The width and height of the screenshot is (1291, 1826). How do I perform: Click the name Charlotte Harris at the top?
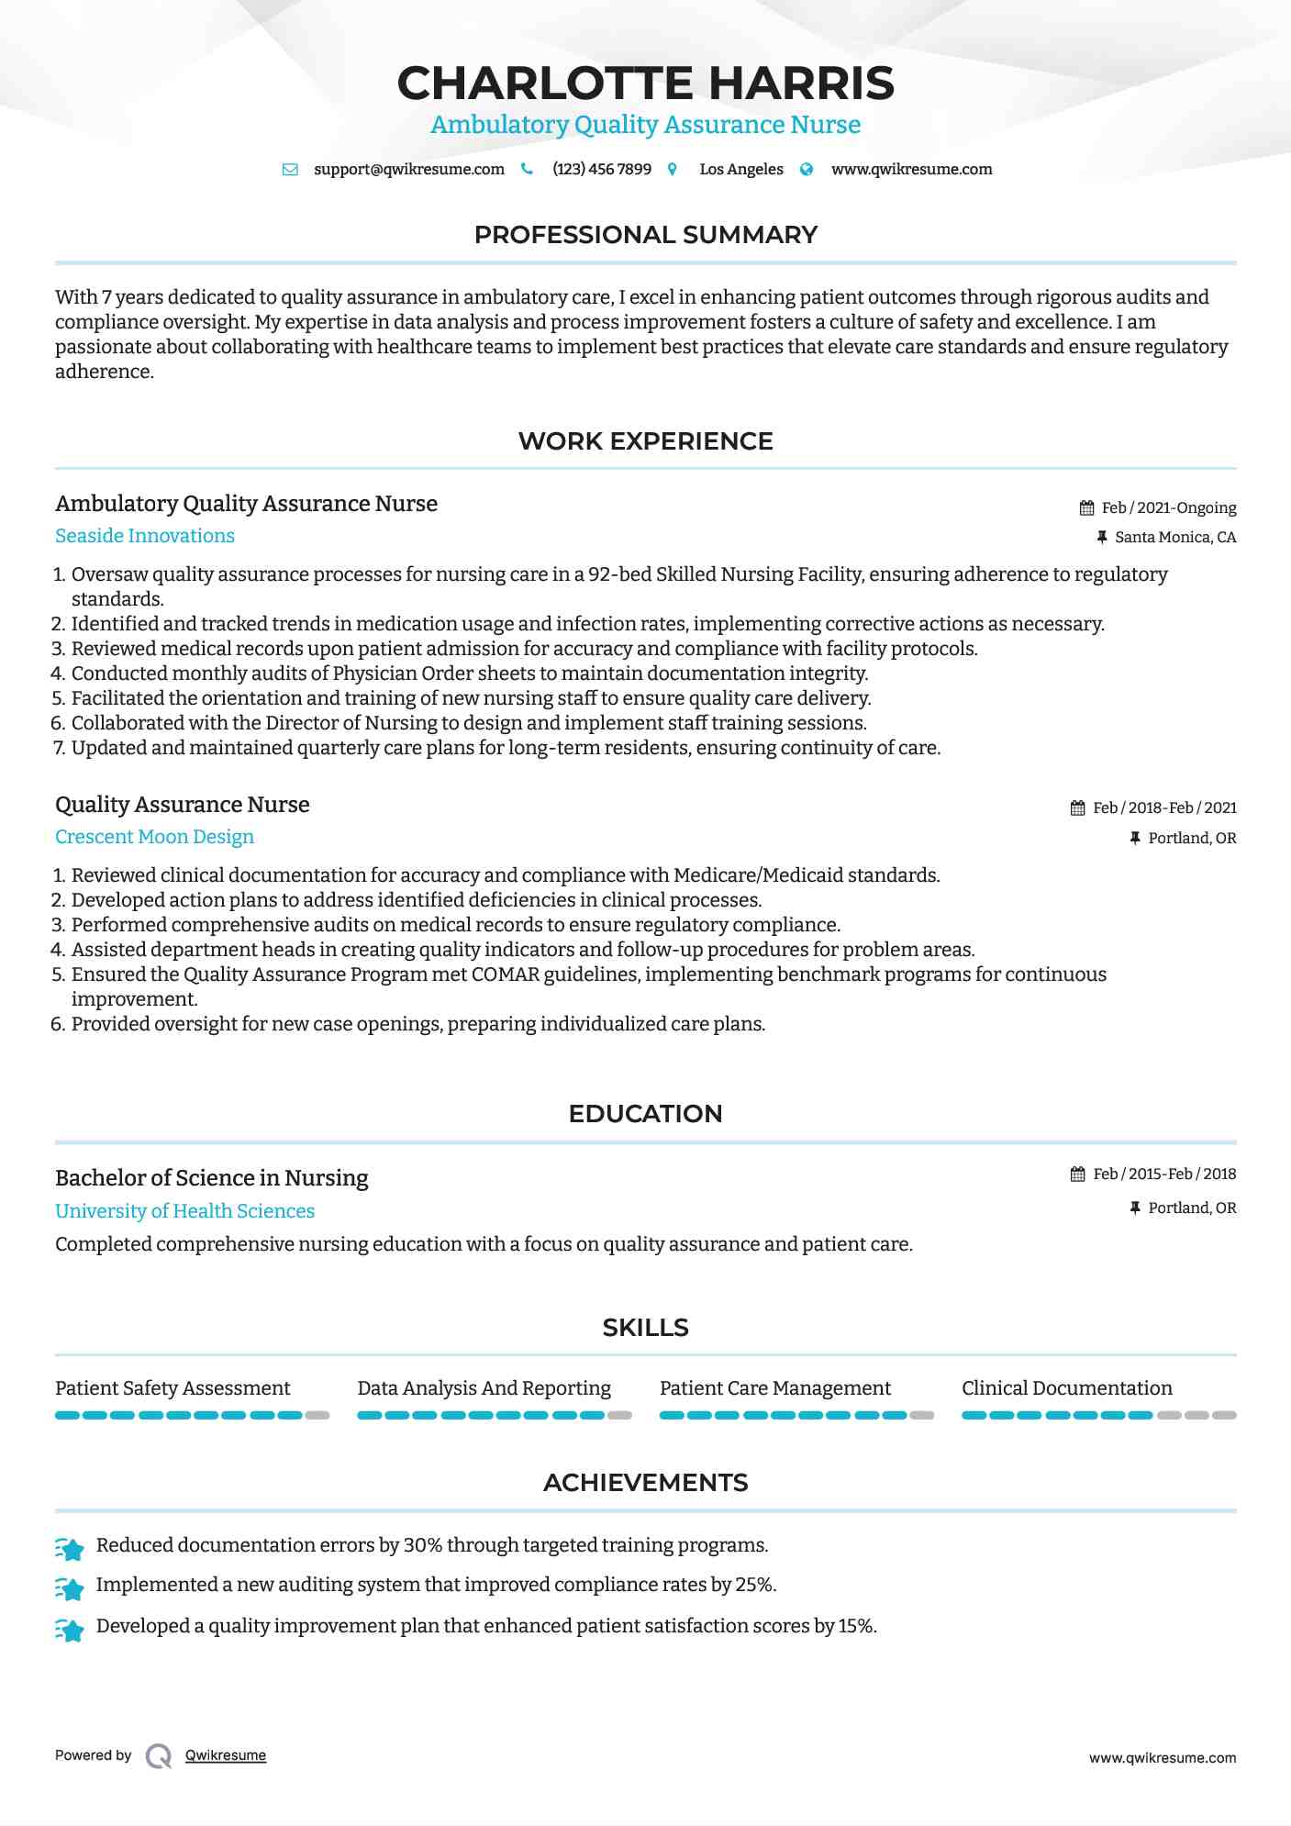click(x=645, y=84)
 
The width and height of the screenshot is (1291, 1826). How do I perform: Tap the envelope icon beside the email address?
click(x=290, y=170)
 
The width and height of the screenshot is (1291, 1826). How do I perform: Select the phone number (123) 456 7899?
click(x=601, y=170)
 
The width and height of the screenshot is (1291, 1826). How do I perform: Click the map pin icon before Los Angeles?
click(x=673, y=170)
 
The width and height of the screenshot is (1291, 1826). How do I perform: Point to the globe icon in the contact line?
click(x=807, y=170)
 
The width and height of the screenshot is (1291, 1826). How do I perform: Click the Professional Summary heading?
click(x=645, y=235)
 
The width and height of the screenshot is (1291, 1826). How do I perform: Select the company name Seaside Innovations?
click(x=145, y=536)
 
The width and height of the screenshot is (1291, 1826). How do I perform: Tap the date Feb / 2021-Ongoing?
click(x=1168, y=507)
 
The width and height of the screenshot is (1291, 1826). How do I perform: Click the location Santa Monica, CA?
click(x=1174, y=538)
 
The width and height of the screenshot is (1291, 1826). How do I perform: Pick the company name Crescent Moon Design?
click(x=154, y=837)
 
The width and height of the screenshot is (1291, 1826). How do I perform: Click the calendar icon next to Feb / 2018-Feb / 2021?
click(x=1077, y=808)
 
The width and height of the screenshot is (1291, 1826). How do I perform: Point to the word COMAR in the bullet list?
click(x=505, y=974)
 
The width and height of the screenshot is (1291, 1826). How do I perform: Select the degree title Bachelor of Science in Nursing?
click(x=211, y=1178)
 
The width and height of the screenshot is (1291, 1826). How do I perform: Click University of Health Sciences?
click(x=184, y=1211)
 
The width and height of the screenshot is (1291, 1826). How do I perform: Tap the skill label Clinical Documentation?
click(x=1066, y=1388)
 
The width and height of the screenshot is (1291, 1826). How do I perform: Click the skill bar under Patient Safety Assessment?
click(x=192, y=1416)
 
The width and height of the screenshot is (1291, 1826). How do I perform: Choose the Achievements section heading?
click(x=645, y=1483)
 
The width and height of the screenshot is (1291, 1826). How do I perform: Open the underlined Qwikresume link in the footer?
click(x=226, y=1755)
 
